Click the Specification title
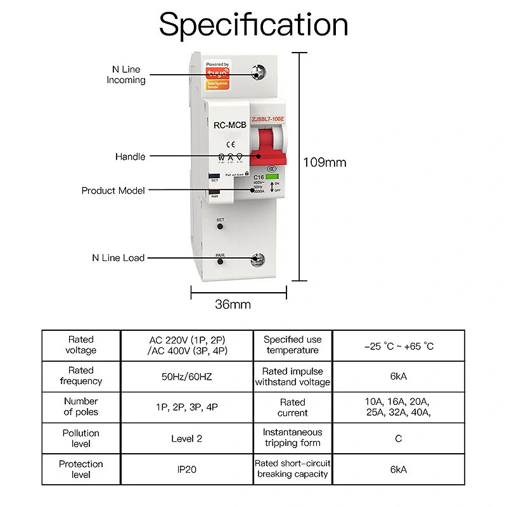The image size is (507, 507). [253, 25]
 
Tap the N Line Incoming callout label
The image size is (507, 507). [126, 75]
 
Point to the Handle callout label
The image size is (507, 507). [130, 157]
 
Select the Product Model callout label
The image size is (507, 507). [113, 190]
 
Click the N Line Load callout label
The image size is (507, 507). [118, 258]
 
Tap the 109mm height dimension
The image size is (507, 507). [325, 162]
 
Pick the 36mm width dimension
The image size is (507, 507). [233, 304]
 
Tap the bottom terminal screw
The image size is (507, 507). [259, 259]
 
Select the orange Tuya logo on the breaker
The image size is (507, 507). [217, 74]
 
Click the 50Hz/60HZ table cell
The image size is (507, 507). [186, 376]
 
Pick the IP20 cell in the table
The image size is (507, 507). [186, 470]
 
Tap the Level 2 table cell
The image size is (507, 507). [186, 439]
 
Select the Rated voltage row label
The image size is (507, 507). [81, 345]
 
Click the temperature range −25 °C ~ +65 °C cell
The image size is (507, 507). [399, 346]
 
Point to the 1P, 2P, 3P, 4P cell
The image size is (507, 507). [186, 408]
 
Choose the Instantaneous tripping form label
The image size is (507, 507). [293, 439]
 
